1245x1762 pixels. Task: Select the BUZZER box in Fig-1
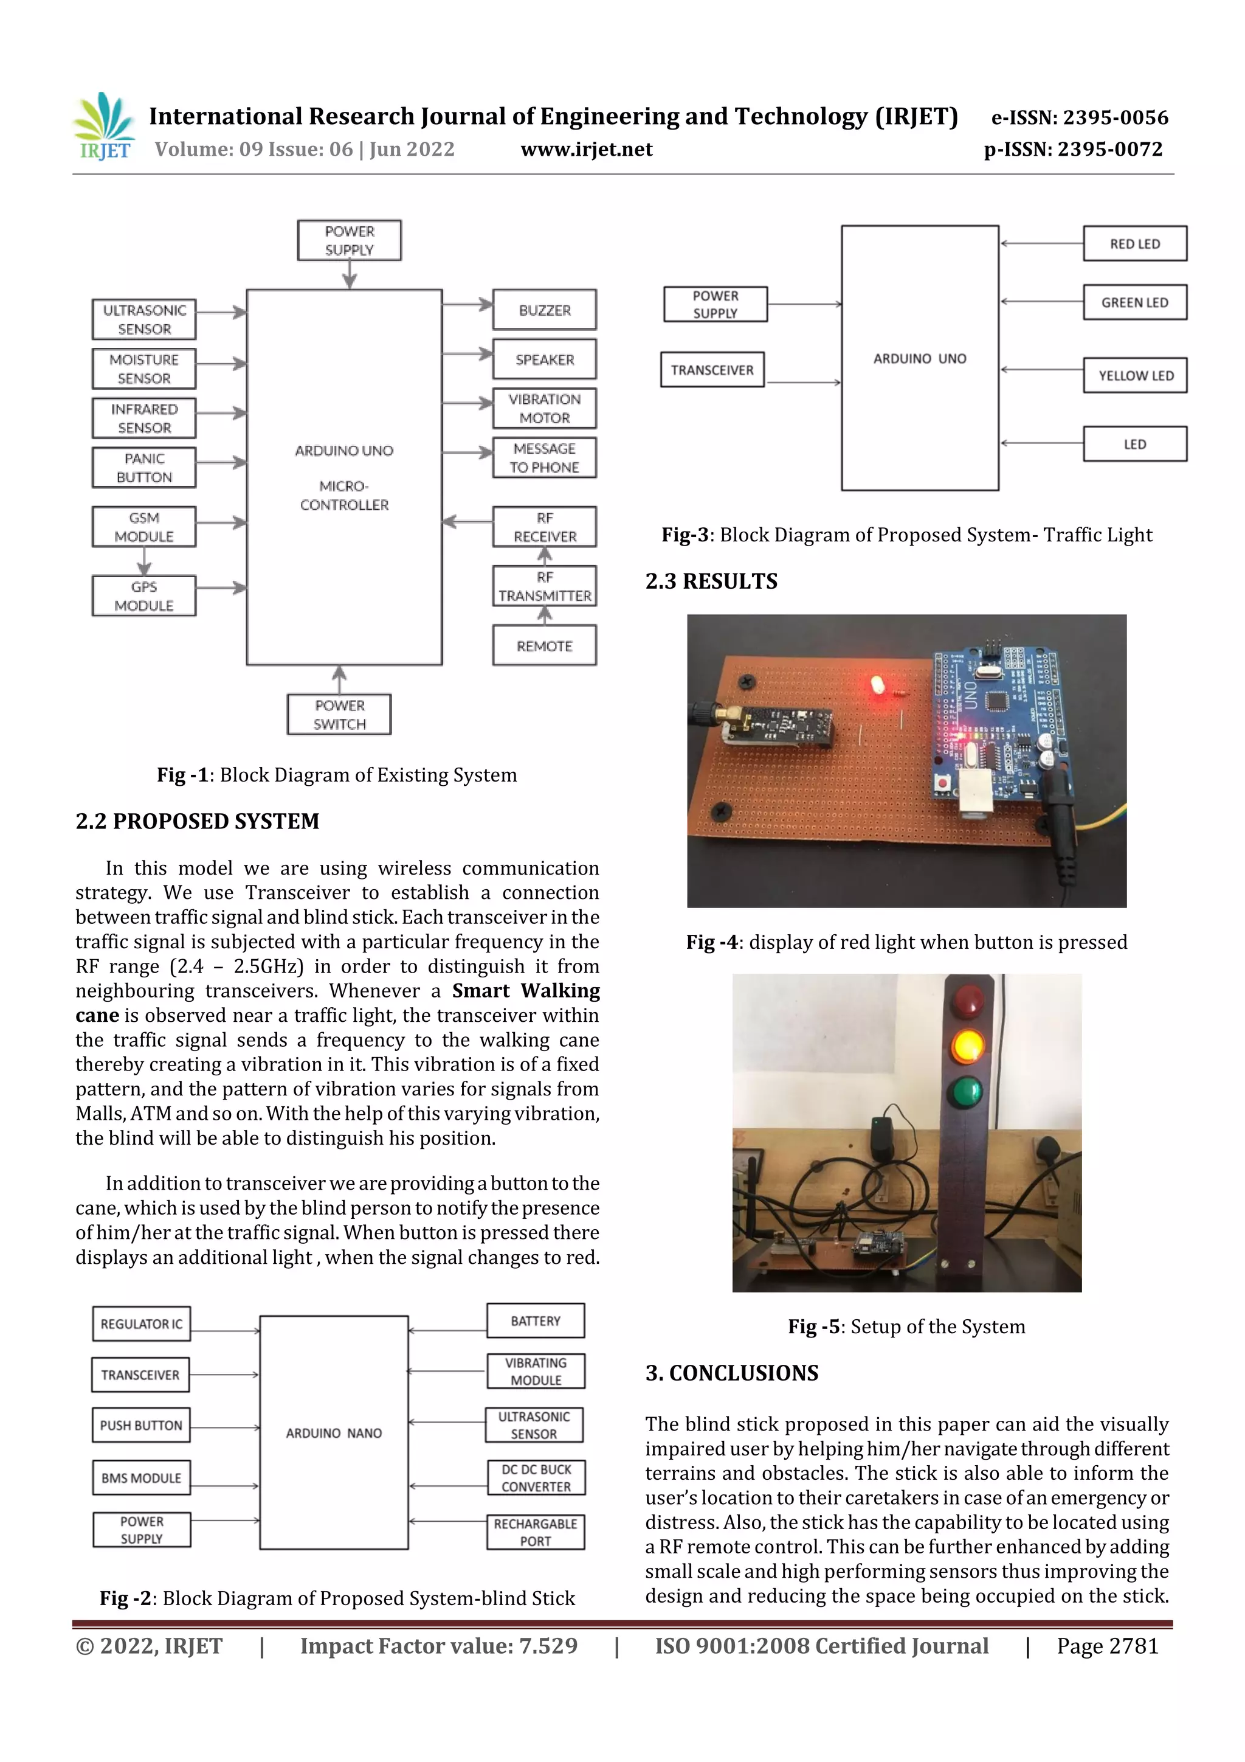pos(544,310)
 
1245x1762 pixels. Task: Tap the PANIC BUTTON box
pos(144,467)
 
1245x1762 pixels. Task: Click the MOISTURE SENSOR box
pos(144,369)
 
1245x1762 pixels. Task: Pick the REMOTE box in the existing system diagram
pos(544,646)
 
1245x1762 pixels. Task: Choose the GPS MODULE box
pos(144,596)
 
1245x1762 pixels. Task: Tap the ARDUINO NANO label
pos(334,1433)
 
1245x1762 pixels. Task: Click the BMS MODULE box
pos(141,1477)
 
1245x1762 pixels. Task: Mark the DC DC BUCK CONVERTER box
pos(536,1477)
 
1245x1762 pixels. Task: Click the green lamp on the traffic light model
pos(966,1091)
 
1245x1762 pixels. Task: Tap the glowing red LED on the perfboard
pos(878,684)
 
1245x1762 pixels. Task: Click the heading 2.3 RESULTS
pos(711,581)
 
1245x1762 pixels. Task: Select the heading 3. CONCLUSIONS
pos(732,1373)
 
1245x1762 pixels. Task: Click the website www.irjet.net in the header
pos(586,150)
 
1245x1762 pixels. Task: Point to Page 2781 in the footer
pos(1107,1645)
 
